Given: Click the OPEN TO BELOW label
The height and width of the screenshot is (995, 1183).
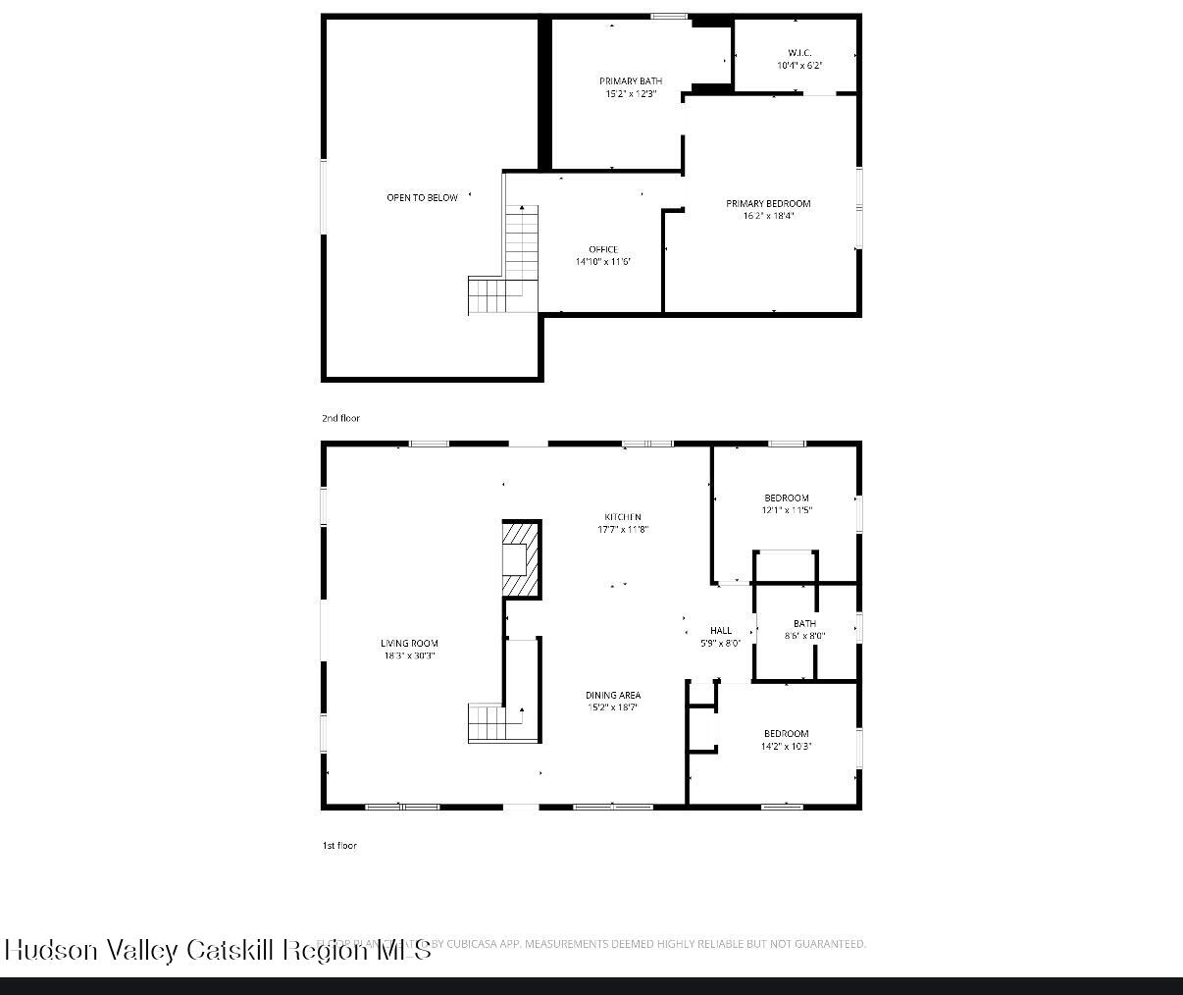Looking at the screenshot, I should (x=422, y=198).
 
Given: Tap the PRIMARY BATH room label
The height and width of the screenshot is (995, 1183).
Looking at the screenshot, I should (x=631, y=81).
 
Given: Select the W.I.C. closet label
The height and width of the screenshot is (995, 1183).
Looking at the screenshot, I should (x=799, y=53).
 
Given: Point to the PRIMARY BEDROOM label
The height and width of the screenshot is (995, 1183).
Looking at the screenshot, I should (x=768, y=204).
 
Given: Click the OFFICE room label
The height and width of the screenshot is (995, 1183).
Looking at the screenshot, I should (x=603, y=249).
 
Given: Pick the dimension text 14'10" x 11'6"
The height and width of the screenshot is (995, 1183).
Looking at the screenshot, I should (x=603, y=262).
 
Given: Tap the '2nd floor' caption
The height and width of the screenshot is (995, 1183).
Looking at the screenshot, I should (x=340, y=419).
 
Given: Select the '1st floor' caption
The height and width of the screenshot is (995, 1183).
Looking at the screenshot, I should (x=339, y=846).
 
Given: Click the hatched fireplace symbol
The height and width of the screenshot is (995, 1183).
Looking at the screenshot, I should (x=521, y=558).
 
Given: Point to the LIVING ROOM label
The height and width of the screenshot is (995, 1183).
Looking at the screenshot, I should (x=409, y=644).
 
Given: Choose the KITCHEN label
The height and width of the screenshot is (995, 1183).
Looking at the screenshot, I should (x=623, y=517).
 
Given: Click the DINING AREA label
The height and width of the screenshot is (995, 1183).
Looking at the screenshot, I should (x=613, y=695).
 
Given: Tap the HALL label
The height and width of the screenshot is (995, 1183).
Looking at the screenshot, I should (x=721, y=631).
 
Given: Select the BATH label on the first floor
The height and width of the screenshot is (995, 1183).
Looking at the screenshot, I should (x=804, y=623).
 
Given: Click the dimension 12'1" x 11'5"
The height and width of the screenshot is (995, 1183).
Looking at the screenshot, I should (x=787, y=510).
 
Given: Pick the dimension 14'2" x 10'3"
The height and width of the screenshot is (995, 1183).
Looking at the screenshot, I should (x=787, y=747).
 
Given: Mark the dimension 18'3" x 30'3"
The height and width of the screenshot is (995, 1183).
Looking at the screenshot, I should (x=409, y=655).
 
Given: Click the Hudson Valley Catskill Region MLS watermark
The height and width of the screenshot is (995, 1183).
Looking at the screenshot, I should (x=218, y=950).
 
